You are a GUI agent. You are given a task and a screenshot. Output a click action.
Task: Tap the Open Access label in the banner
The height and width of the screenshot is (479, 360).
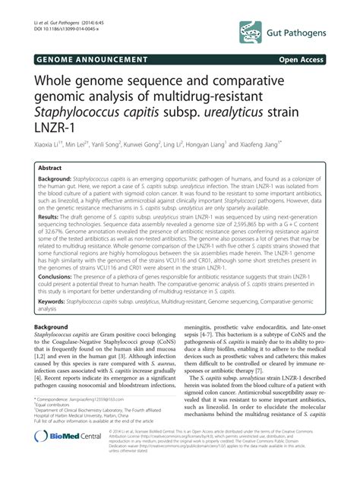click(307, 58)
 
